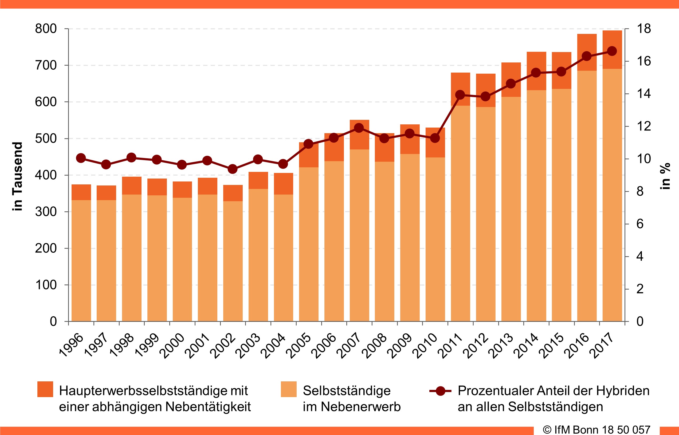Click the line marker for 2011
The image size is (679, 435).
point(460,95)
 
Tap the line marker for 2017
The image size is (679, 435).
point(612,51)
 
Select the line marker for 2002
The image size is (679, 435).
point(233,169)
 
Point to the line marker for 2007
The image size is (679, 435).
point(359,128)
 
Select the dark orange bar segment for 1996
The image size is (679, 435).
point(81,192)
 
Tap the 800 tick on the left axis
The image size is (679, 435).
point(46,29)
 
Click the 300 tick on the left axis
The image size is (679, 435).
point(46,212)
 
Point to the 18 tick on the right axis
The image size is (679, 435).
point(644,29)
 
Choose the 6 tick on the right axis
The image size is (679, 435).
point(640,224)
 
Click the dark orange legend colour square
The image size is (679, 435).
point(45,389)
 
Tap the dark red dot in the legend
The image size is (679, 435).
point(440,391)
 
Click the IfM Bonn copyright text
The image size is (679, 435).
point(596,430)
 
